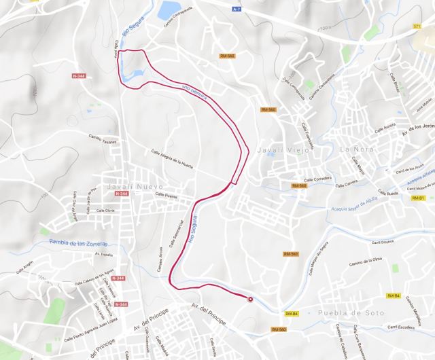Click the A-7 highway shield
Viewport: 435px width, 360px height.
pos(237,10)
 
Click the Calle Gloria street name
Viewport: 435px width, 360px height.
pos(105,211)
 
